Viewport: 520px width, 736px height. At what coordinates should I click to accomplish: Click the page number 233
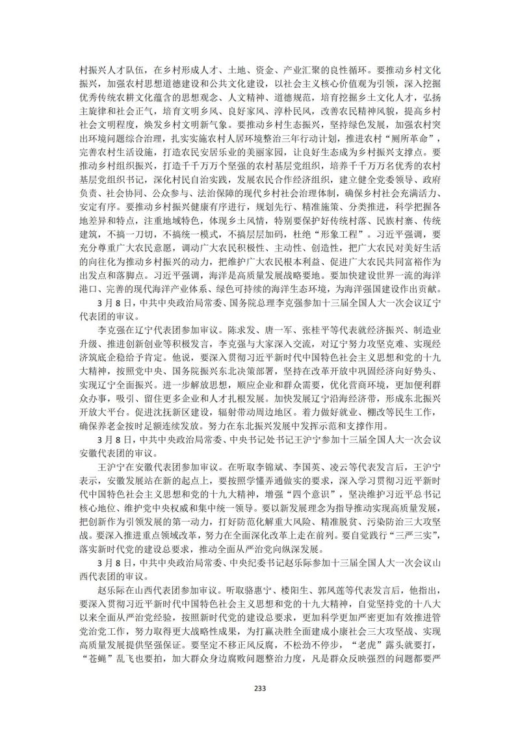(x=260, y=689)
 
